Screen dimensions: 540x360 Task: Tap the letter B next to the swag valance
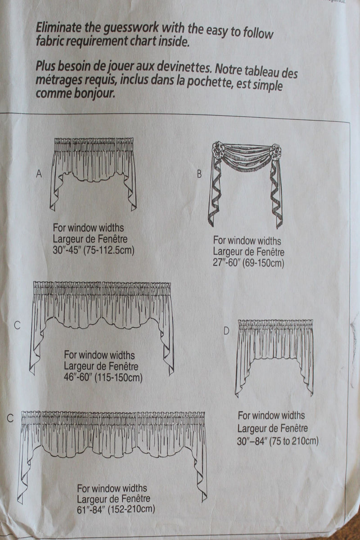click(199, 175)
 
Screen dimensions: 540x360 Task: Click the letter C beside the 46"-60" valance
click(17, 325)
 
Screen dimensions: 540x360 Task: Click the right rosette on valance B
click(275, 150)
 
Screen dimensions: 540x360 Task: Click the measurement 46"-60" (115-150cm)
click(103, 377)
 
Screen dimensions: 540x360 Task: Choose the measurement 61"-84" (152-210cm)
click(116, 509)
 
